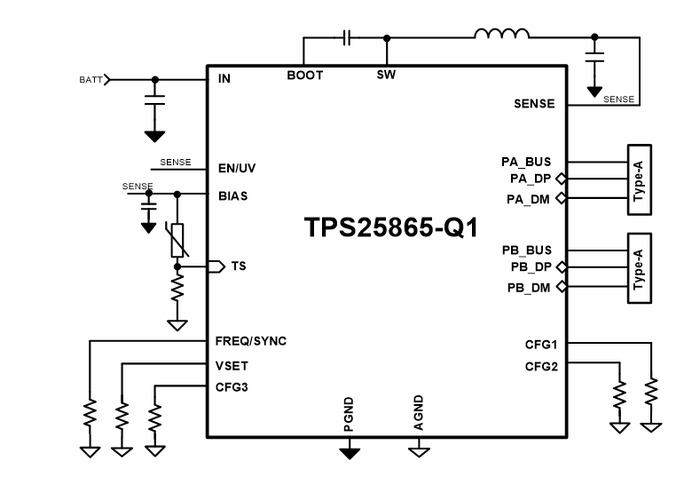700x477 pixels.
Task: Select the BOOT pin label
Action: (305, 76)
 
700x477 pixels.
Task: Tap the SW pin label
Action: (386, 76)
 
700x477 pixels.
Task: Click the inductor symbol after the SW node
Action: (502, 36)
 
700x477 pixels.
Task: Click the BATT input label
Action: (90, 80)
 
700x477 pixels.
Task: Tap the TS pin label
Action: (239, 266)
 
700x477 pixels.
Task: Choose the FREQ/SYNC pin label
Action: (251, 340)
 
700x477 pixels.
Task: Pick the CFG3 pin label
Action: (232, 386)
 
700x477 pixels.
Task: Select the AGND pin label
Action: (419, 414)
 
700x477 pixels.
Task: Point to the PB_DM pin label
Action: (529, 287)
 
